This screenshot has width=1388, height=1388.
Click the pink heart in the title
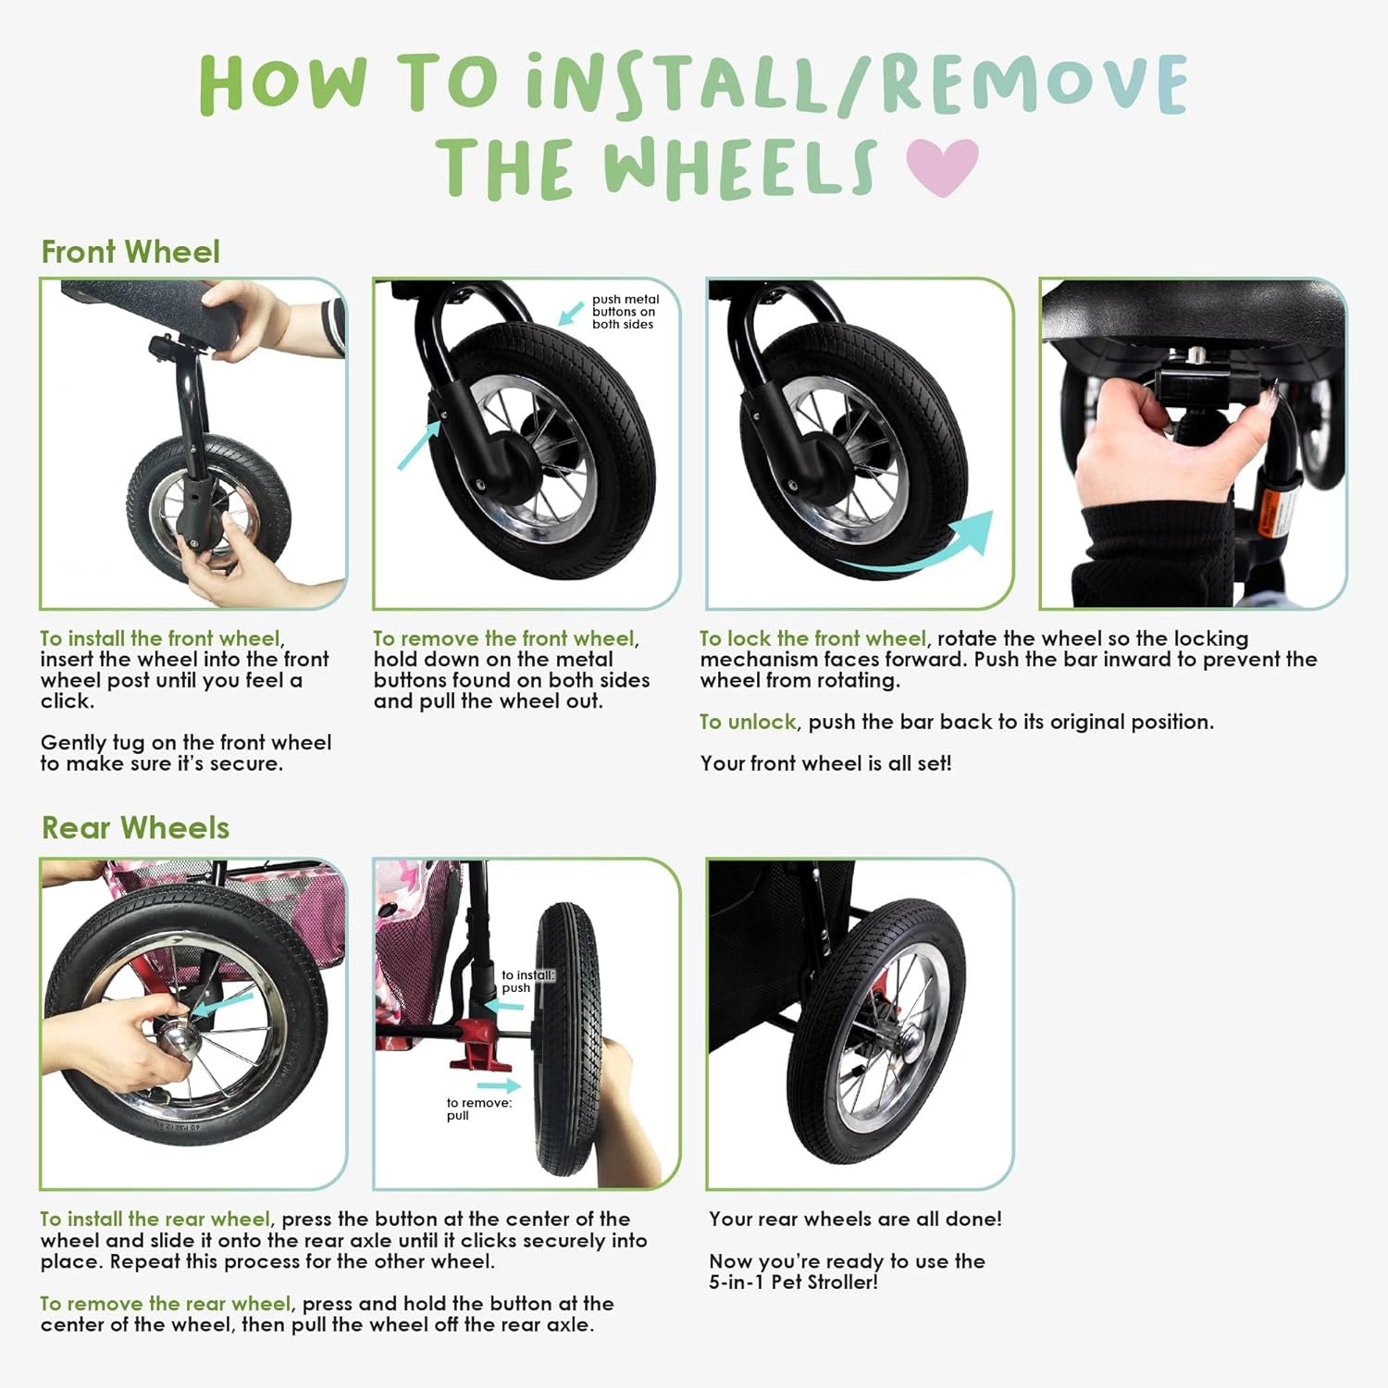pos(942,167)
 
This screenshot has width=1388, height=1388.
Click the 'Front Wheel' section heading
pos(130,252)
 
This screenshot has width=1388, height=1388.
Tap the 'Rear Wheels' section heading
pos(135,827)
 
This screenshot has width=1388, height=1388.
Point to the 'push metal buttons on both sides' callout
pos(626,312)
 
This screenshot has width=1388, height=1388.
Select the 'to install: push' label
pos(528,981)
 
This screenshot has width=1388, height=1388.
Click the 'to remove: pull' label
pos(478,1109)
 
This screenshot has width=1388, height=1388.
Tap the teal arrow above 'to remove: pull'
pos(499,1085)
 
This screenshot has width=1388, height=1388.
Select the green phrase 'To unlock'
pos(748,722)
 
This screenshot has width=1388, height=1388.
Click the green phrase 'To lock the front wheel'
pos(812,638)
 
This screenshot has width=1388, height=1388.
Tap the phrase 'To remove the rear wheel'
pos(166,1304)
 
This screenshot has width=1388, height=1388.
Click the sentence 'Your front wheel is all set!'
pos(825,763)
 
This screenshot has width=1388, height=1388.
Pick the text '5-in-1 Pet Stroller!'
pos(793,1283)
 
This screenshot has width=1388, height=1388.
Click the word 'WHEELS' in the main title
pos(739,168)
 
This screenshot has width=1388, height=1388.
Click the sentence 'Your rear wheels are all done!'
pos(855,1220)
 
